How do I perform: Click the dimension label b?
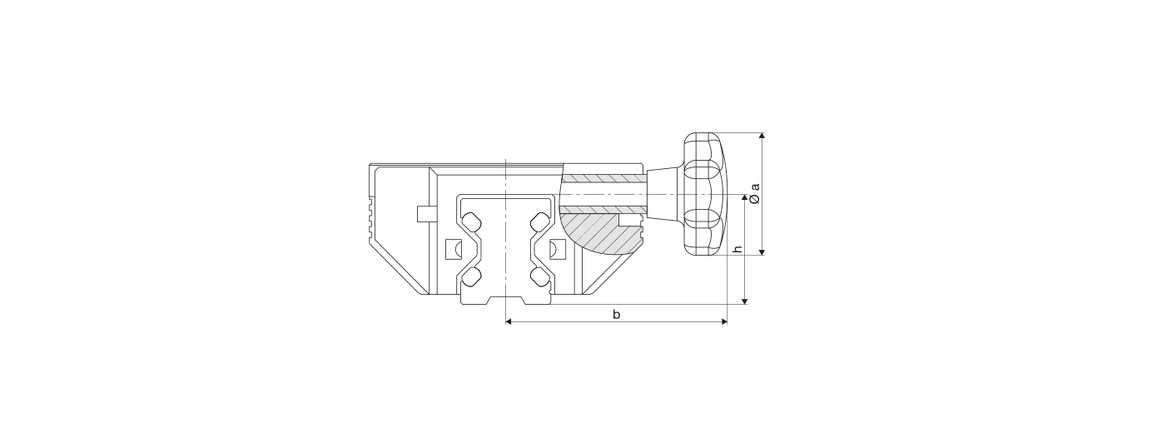[616, 314]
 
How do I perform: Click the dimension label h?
[738, 248]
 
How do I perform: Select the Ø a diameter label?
[755, 192]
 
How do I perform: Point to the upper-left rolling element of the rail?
[110, 221]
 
